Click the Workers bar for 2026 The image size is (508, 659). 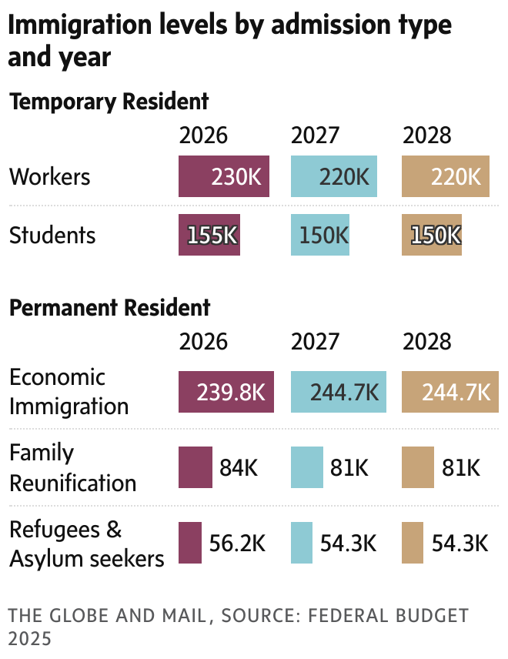coord(223,177)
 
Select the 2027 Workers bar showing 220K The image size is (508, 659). coord(334,177)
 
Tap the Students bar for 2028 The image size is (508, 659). coord(431,235)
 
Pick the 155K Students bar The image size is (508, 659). coord(209,235)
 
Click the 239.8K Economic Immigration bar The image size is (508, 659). coord(226,392)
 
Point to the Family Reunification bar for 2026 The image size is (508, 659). coord(195,467)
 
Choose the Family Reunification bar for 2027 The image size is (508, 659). coord(306,467)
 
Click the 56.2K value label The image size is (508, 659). coord(238,543)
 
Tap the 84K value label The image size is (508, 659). coord(239,467)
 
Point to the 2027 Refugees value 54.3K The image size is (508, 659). coord(349,543)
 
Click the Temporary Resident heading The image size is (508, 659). coord(109,102)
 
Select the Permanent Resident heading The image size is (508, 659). coord(109,308)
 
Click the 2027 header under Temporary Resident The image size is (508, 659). coord(315,135)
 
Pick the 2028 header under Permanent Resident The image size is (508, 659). coord(426,341)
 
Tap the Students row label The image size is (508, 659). coord(52,235)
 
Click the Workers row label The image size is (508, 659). coord(50,177)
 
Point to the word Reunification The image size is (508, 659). coord(72,483)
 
